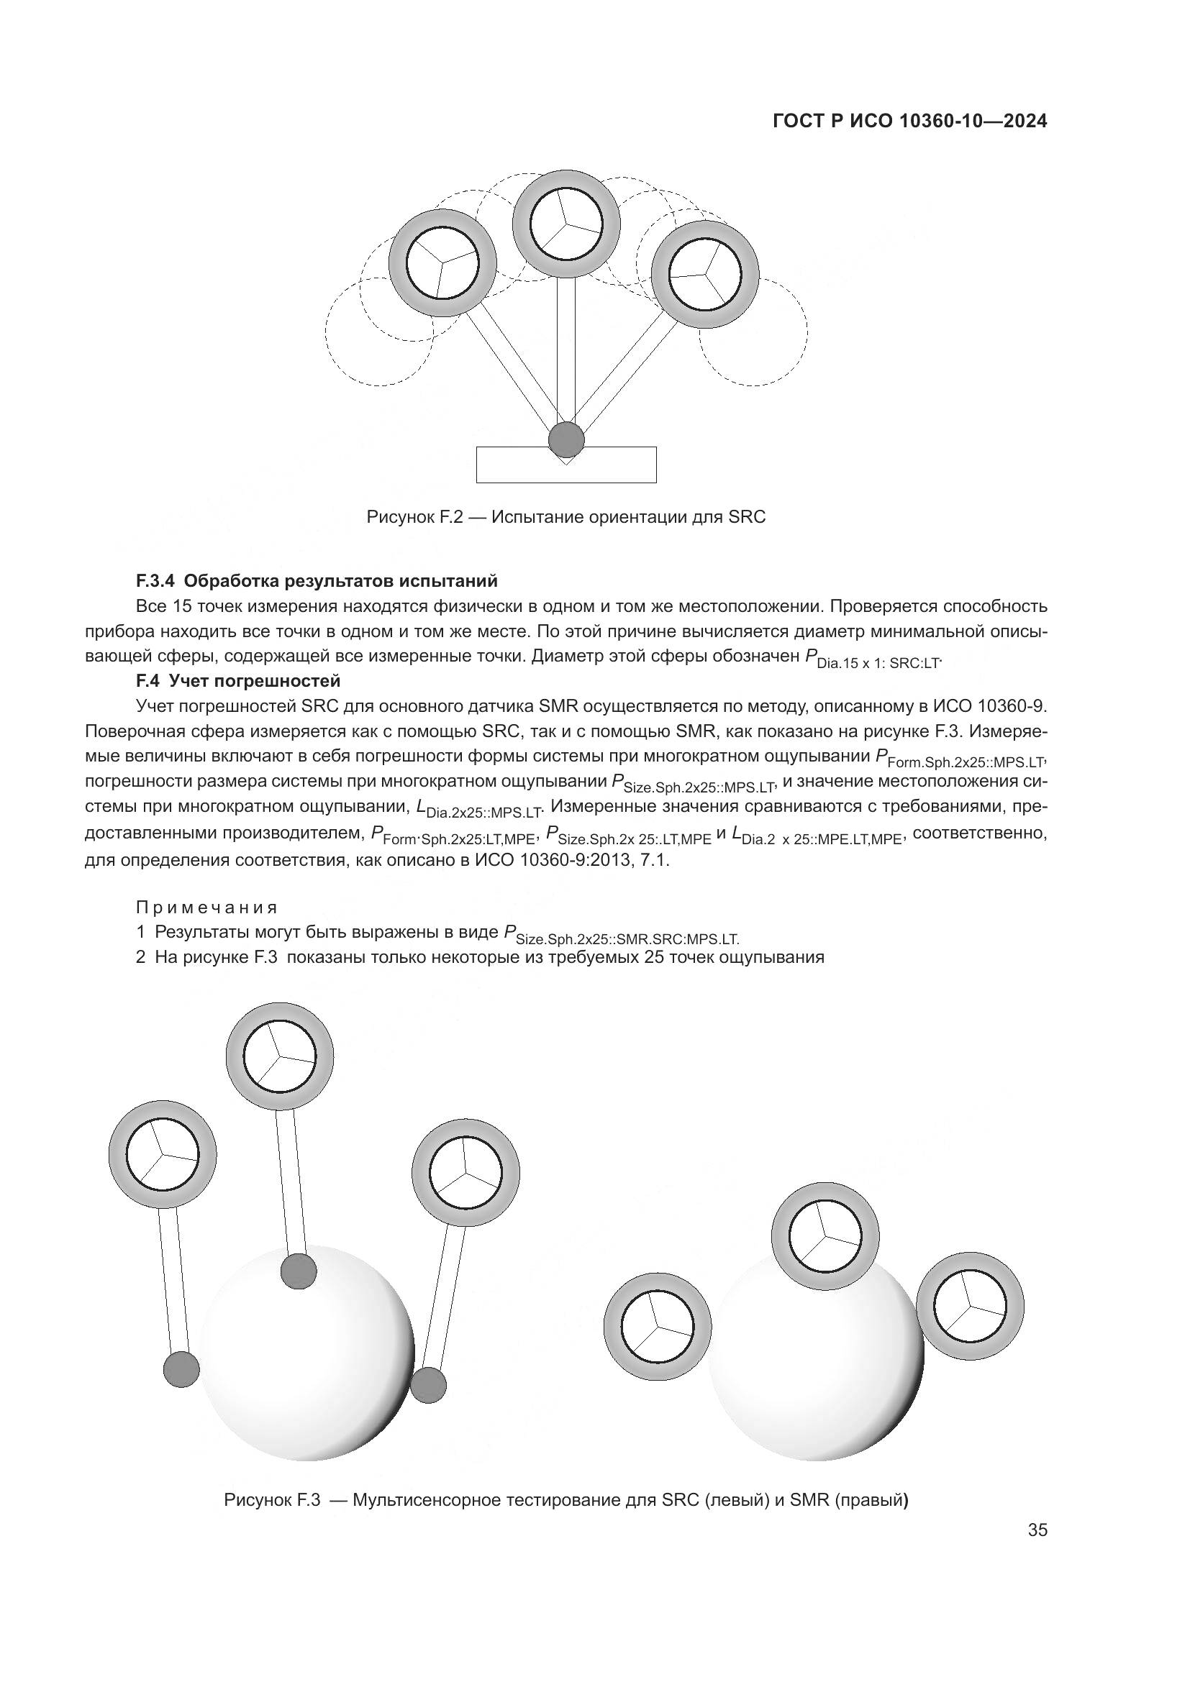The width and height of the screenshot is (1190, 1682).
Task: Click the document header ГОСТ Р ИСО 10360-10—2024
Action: pyautogui.click(x=909, y=122)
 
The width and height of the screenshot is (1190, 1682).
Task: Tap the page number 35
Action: pyautogui.click(x=1037, y=1530)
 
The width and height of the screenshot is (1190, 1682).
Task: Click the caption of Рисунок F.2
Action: pyautogui.click(x=566, y=517)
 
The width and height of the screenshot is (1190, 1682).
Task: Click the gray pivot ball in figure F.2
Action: pyautogui.click(x=566, y=439)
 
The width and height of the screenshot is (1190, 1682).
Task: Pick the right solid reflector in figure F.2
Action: pyautogui.click(x=706, y=274)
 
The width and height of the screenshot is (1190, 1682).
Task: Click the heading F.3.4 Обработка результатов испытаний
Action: pyautogui.click(x=317, y=581)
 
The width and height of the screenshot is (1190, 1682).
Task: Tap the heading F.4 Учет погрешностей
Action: pyautogui.click(x=238, y=680)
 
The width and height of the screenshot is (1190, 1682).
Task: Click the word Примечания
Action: pyautogui.click(x=206, y=908)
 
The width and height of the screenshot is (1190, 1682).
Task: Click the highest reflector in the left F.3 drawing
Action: pyautogui.click(x=279, y=1056)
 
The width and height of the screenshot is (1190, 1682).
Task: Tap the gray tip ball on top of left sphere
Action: pyautogui.click(x=299, y=1271)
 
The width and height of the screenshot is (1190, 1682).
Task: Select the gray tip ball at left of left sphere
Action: pyautogui.click(x=181, y=1368)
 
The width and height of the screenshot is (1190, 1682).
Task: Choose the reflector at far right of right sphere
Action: pyautogui.click(x=969, y=1306)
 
